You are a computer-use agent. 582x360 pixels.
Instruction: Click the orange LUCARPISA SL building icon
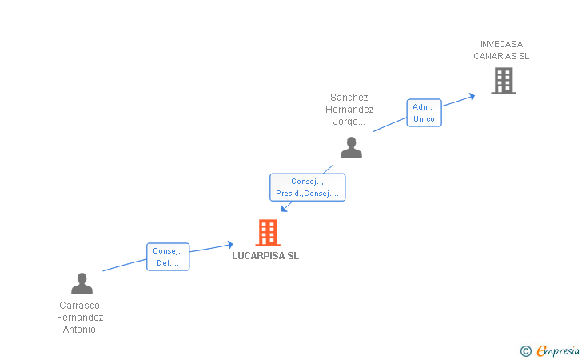click(268, 233)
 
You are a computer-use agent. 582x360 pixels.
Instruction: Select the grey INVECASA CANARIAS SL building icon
click(504, 81)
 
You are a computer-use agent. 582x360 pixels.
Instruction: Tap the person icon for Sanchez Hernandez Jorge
click(351, 147)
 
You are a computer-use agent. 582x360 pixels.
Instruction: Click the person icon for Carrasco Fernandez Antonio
click(82, 283)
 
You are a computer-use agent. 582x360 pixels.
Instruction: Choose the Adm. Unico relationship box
click(424, 113)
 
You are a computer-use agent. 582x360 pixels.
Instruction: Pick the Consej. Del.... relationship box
click(168, 257)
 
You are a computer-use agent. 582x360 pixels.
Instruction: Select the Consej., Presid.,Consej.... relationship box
click(307, 187)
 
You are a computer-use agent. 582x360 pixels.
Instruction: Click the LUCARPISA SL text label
click(265, 256)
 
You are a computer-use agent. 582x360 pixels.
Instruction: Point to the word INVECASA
click(501, 44)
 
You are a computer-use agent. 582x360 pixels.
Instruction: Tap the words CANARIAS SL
click(501, 56)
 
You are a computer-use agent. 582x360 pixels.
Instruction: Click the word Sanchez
click(349, 98)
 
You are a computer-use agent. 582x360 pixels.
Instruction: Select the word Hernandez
click(349, 110)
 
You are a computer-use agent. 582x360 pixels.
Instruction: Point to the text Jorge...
click(349, 122)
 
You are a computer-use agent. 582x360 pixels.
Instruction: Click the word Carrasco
click(79, 306)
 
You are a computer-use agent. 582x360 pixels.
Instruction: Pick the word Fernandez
click(80, 318)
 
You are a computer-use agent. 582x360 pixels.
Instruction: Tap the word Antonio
click(79, 329)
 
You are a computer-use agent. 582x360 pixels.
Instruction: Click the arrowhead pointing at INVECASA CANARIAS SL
click(472, 97)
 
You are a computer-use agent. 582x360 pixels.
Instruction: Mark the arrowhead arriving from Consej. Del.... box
click(230, 245)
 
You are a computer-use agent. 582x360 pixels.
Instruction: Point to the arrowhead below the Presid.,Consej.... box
click(285, 209)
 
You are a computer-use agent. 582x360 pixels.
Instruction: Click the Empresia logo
click(550, 350)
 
